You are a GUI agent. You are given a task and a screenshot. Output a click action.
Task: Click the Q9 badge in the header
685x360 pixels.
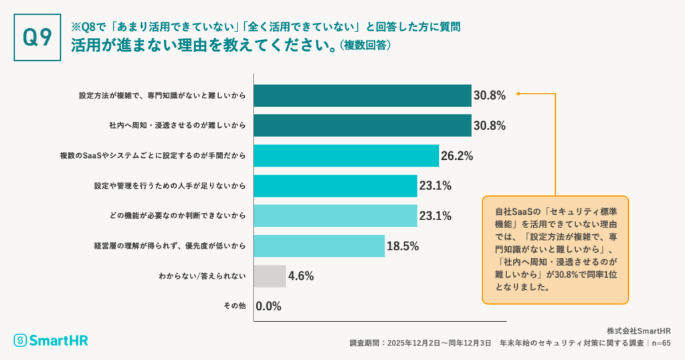click(x=37, y=37)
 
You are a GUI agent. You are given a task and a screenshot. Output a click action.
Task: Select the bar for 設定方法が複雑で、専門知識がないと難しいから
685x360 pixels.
click(x=363, y=96)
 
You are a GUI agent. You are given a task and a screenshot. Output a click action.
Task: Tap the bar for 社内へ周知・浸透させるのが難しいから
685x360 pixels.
click(x=363, y=126)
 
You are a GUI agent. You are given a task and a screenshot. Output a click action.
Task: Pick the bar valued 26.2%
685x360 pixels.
click(x=346, y=156)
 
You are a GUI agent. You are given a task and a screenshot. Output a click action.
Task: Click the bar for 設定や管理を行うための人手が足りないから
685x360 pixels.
click(x=335, y=186)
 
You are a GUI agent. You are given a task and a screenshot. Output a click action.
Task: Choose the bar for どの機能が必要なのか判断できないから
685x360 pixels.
click(x=335, y=215)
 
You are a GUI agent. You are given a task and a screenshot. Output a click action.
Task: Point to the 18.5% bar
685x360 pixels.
click(x=319, y=246)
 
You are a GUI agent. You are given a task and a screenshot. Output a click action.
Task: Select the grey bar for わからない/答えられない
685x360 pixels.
click(x=270, y=276)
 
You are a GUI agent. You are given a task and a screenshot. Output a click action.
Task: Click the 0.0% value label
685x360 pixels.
click(x=268, y=306)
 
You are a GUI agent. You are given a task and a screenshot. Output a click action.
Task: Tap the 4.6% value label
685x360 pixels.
click(x=301, y=276)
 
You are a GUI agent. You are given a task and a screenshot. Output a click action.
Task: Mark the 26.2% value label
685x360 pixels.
click(x=458, y=156)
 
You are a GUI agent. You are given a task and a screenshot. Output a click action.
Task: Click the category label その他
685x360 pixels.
click(x=234, y=306)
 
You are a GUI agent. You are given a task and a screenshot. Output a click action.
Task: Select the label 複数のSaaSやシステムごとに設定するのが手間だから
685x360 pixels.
click(x=153, y=156)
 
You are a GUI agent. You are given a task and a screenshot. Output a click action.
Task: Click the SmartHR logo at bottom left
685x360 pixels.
click(x=51, y=340)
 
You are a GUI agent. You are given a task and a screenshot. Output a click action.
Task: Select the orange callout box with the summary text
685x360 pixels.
click(x=555, y=250)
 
